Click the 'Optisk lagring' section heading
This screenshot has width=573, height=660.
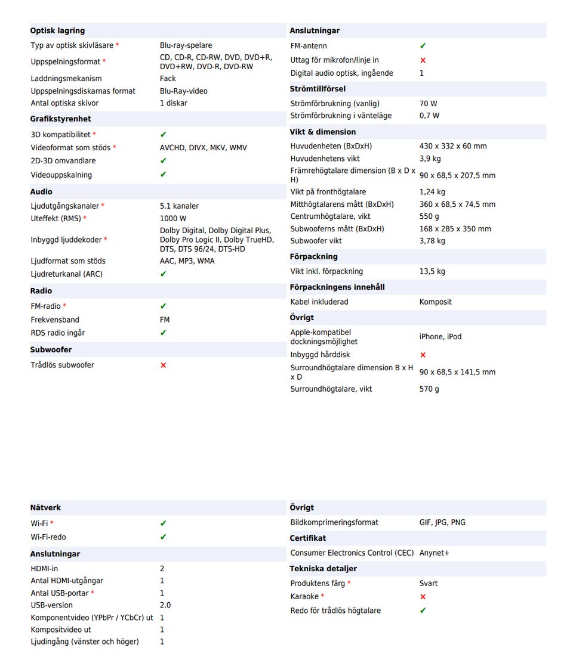pyautogui.click(x=57, y=30)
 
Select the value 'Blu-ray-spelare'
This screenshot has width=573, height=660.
pyautogui.click(x=186, y=45)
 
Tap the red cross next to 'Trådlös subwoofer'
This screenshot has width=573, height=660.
pyautogui.click(x=164, y=365)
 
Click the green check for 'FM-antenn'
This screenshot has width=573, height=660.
pyautogui.click(x=423, y=46)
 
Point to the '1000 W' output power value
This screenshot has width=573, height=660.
pyautogui.click(x=173, y=219)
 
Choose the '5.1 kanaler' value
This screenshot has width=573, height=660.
pyautogui.click(x=179, y=206)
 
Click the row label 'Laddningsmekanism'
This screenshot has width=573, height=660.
pyautogui.click(x=66, y=79)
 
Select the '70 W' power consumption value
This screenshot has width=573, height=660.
pyautogui.click(x=428, y=104)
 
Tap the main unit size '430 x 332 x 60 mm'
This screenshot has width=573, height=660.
pyautogui.click(x=452, y=146)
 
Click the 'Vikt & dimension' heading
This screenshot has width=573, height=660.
pyautogui.click(x=322, y=132)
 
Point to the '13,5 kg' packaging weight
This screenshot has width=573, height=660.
pyautogui.click(x=432, y=271)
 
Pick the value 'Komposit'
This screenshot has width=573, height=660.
pyautogui.click(x=435, y=302)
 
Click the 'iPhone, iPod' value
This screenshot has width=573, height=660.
pyautogui.click(x=440, y=337)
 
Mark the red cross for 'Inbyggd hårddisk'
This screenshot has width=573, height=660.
pyautogui.click(x=423, y=355)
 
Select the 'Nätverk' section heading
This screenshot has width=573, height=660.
pyautogui.click(x=45, y=507)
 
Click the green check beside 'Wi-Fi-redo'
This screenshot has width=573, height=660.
pyautogui.click(x=164, y=537)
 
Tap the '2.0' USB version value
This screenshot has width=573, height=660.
pyautogui.click(x=165, y=605)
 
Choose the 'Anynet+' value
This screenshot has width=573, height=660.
pyautogui.click(x=434, y=553)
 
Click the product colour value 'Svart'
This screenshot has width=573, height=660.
pyautogui.click(x=428, y=584)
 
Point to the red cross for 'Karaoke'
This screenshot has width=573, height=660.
pyautogui.click(x=423, y=597)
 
